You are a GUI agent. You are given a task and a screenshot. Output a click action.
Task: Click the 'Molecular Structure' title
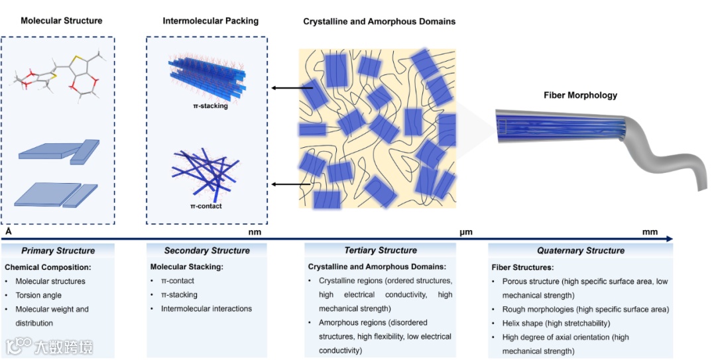(62, 21)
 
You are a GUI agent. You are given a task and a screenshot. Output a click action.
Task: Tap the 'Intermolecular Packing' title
(211, 21)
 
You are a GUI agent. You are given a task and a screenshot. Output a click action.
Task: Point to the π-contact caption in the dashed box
(206, 206)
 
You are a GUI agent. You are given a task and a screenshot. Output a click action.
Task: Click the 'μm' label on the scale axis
(465, 232)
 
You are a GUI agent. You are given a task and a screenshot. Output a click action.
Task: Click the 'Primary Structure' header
(58, 251)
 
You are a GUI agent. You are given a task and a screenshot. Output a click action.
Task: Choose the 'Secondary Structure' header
(207, 251)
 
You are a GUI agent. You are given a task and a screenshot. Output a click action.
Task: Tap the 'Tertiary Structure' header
(381, 251)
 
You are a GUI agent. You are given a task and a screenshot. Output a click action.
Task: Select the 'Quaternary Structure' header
(581, 251)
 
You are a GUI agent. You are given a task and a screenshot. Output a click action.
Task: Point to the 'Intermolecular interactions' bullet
(207, 308)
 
